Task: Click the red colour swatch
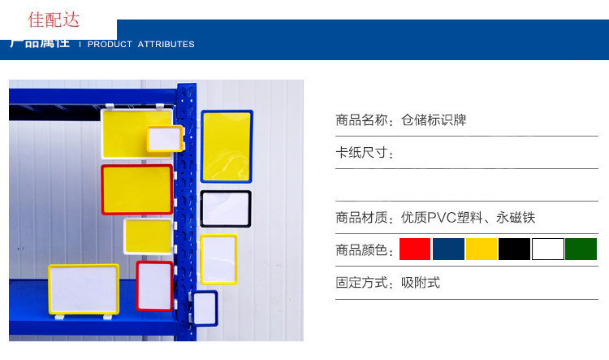[x=415, y=249]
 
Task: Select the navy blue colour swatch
[x=448, y=249]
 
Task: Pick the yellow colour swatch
[x=482, y=249]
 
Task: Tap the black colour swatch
[x=515, y=249]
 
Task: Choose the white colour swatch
[x=548, y=249]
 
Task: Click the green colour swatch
[x=581, y=249]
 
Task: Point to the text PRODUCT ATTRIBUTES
[x=141, y=44]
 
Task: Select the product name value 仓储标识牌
[x=434, y=120]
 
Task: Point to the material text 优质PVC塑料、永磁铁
[x=469, y=218]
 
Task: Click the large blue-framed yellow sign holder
[x=227, y=146]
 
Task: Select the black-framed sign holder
[x=226, y=209]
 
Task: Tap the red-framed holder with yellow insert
[x=136, y=189]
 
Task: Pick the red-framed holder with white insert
[x=154, y=286]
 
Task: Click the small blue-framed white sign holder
[x=205, y=309]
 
